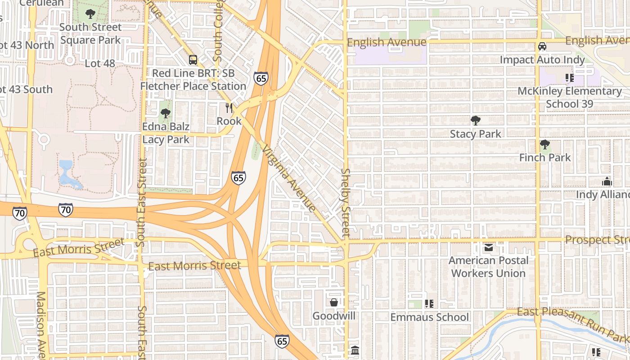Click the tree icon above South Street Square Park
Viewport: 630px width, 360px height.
point(90,13)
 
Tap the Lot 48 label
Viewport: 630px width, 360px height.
point(100,63)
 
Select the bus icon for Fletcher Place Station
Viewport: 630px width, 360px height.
point(193,59)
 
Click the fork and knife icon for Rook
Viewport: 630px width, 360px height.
point(229,108)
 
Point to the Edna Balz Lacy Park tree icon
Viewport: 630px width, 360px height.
point(166,113)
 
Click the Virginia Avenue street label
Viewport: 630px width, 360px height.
point(289,178)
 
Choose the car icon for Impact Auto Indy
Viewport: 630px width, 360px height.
point(542,46)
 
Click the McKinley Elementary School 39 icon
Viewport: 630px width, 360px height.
point(569,78)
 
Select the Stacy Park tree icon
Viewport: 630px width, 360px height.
point(475,120)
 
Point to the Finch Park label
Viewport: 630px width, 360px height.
point(544,157)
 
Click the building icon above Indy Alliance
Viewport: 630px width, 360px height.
point(607,182)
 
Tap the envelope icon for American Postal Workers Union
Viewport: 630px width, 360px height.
point(488,247)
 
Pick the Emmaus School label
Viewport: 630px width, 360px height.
point(429,317)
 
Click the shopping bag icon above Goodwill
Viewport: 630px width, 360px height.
point(334,302)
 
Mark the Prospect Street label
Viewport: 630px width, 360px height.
point(597,240)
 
